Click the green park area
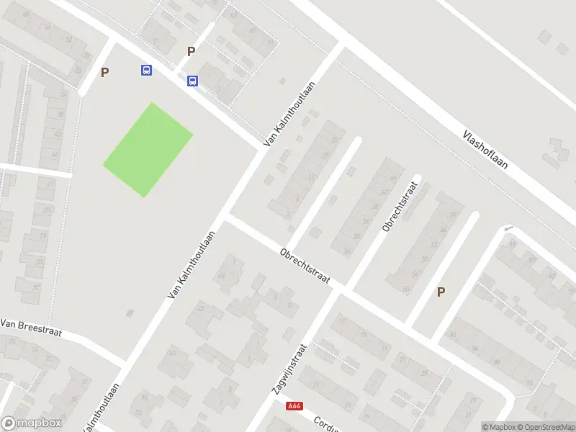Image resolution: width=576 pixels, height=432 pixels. tap(148, 149)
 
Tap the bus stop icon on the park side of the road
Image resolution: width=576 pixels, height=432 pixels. tap(146, 70)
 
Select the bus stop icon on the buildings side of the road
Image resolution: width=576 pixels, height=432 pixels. tap(192, 81)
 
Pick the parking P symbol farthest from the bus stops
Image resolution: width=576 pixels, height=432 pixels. tap(441, 292)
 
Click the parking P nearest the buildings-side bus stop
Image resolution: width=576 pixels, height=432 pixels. tap(191, 51)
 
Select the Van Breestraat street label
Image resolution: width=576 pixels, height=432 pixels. tap(32, 329)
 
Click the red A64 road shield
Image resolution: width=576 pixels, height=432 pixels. tap(293, 406)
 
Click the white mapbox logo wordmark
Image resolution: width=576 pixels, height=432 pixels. tap(32, 423)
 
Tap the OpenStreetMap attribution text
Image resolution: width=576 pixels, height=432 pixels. tap(546, 427)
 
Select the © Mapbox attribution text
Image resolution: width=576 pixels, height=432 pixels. tap(498, 427)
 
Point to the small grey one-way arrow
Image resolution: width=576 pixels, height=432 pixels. tap(509, 229)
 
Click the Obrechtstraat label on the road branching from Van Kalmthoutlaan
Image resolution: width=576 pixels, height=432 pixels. tap(305, 266)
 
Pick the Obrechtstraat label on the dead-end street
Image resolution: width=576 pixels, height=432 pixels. tap(400, 205)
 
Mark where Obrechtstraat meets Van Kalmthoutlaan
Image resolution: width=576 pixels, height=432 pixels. tap(225, 215)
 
